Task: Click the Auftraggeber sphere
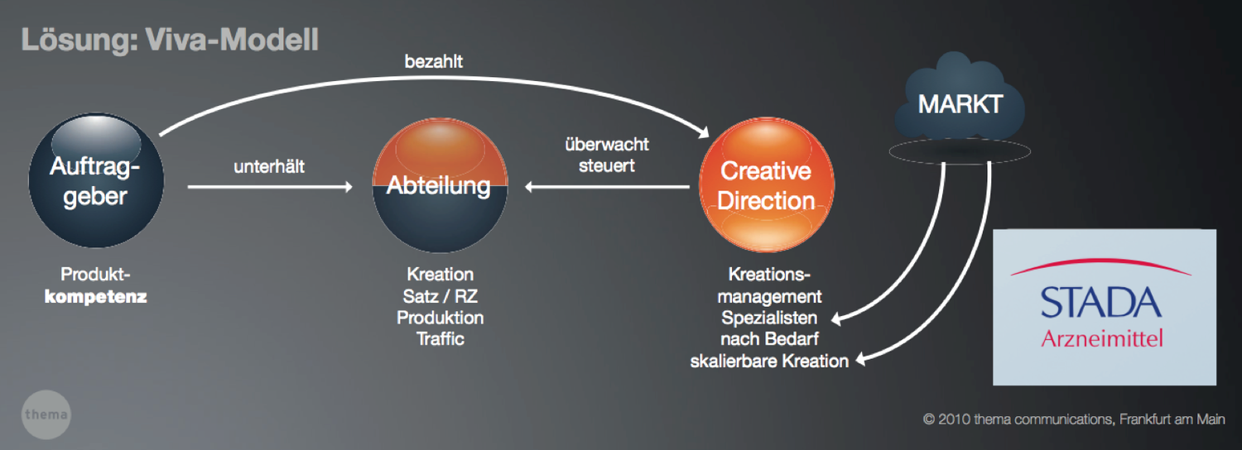point(95,181)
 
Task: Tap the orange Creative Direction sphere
point(767,186)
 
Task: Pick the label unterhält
point(269,167)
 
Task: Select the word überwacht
point(607,145)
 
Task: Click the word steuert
point(607,165)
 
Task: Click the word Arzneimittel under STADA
point(1102,338)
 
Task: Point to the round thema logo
point(46,414)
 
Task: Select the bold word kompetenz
point(95,296)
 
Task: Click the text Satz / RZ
point(440,295)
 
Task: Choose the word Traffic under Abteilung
point(440,338)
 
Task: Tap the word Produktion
point(440,317)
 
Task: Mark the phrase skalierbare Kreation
point(769,361)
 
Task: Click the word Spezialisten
point(769,317)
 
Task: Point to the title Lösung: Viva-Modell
point(170,41)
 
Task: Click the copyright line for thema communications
point(1074,419)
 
